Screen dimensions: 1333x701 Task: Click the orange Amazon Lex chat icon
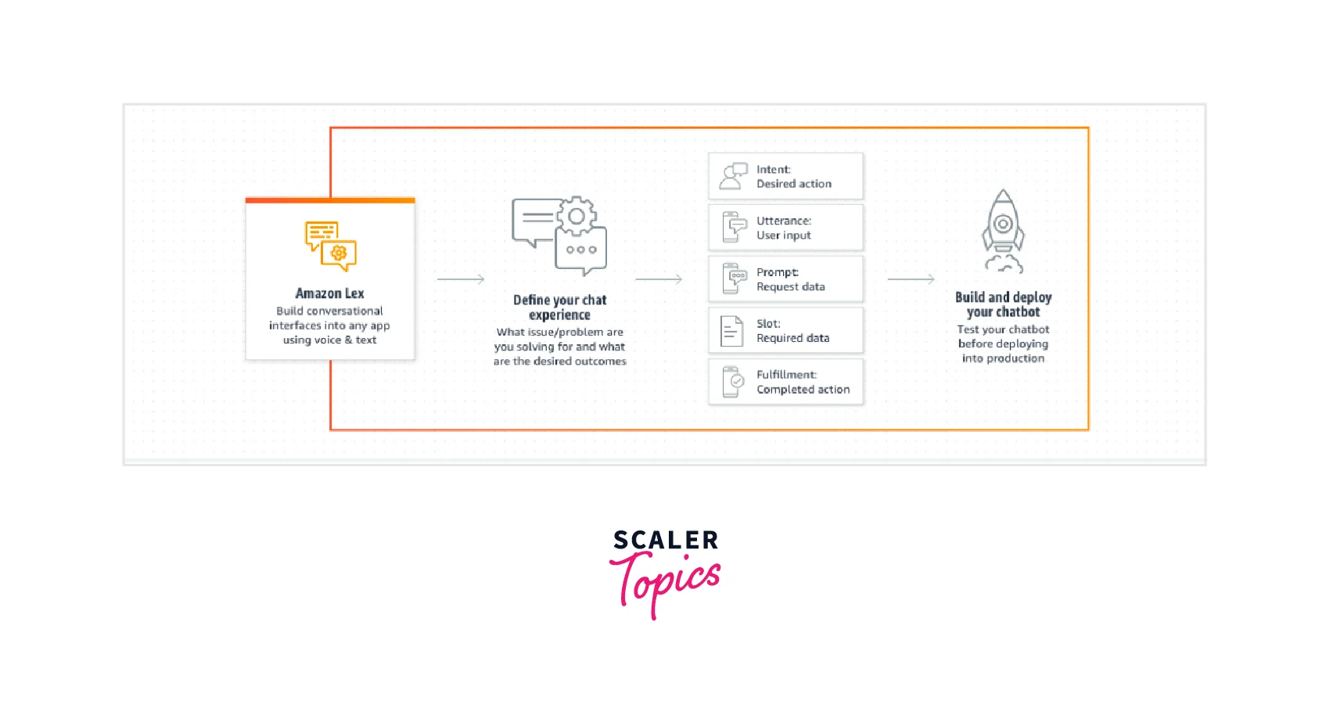pos(331,246)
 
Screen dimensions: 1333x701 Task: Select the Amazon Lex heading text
pos(329,293)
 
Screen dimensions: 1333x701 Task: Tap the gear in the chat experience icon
pos(576,216)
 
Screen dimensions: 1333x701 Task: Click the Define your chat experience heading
pos(559,307)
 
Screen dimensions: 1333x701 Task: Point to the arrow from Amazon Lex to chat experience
pos(461,279)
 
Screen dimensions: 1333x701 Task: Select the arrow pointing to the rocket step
pos(911,279)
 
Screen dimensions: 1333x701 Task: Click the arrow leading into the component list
pos(659,279)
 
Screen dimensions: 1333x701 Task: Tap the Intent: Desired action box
pos(785,176)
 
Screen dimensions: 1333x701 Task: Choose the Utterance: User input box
pos(785,228)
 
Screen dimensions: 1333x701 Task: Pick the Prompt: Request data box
pos(785,279)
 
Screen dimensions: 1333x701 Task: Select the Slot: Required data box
pos(785,330)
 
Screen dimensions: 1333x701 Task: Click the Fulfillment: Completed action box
pos(785,382)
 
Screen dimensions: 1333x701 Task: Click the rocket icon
pos(1004,231)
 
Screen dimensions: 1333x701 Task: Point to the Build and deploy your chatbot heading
pos(1004,304)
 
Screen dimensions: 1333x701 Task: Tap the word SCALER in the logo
pos(666,540)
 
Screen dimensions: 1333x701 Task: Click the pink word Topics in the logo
pos(665,583)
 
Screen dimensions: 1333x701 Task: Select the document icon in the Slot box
pos(731,331)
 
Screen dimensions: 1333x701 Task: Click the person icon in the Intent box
pos(733,176)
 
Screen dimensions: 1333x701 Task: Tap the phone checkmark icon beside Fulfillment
pos(733,382)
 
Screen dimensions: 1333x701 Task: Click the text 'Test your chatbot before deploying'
pos(1004,336)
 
